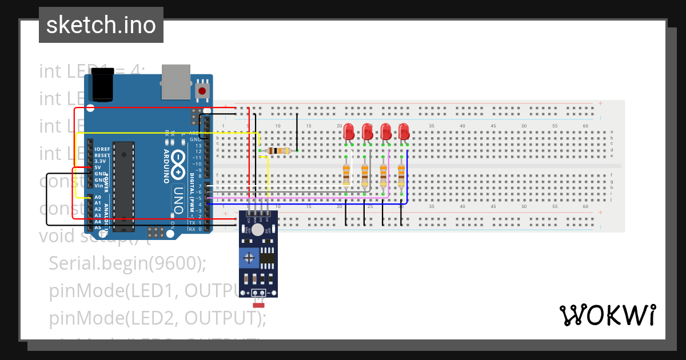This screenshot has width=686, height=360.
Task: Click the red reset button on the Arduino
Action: [x=202, y=91]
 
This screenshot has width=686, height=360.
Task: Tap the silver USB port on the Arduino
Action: [x=176, y=81]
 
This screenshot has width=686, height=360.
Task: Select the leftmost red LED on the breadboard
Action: [x=348, y=132]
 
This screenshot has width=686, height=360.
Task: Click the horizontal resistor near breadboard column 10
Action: [x=278, y=151]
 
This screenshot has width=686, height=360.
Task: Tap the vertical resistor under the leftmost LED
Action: [x=346, y=174]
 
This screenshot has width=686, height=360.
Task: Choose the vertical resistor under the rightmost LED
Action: [x=401, y=174]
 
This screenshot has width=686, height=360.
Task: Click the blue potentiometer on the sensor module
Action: [x=249, y=258]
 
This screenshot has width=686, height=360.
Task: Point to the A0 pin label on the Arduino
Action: [x=98, y=197]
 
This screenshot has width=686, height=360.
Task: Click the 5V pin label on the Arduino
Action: [x=98, y=167]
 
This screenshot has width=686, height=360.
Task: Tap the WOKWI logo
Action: [x=607, y=315]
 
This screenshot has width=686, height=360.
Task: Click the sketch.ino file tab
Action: [x=101, y=25]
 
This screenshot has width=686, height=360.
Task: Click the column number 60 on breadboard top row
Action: [x=585, y=126]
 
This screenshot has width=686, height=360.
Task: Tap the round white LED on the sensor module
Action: [x=258, y=230]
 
